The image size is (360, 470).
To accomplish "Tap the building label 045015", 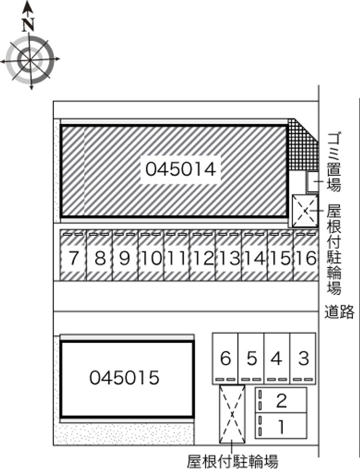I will (124, 378).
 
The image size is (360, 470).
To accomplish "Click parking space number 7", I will (74, 258).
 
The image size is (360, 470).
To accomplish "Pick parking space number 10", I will (151, 258).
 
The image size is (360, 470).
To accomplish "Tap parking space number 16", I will (306, 258).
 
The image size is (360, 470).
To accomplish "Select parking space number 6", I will (226, 358).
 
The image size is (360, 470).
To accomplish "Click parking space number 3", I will (303, 358).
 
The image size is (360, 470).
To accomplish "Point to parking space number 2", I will (281, 400).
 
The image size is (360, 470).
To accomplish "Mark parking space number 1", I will (281, 425).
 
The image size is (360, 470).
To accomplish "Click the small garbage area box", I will (313, 181).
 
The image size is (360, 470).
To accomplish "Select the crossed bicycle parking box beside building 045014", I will (305, 211).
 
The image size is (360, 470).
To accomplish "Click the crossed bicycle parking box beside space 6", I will (232, 414).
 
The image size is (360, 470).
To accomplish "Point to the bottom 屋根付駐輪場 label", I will (233, 461).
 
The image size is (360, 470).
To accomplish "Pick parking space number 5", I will (252, 358).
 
